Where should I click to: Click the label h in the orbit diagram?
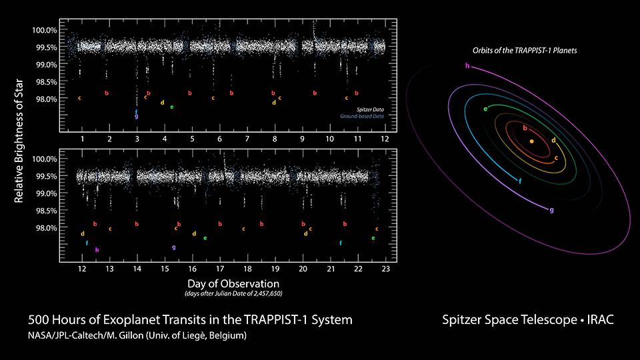pyautogui.click(x=467, y=65)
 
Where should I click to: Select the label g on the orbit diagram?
pyautogui.click(x=551, y=210)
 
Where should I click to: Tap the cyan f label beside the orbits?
pyautogui.click(x=520, y=181)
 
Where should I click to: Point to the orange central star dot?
pyautogui.click(x=531, y=141)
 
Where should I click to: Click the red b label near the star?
pyautogui.click(x=525, y=128)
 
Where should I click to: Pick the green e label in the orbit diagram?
pyautogui.click(x=485, y=108)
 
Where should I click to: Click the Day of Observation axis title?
pyautogui.click(x=229, y=283)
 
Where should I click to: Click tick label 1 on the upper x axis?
pyautogui.click(x=82, y=139)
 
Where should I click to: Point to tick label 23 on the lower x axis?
pyautogui.click(x=385, y=268)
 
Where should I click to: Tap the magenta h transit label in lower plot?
pyautogui.click(x=97, y=250)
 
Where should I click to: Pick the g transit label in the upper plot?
pyautogui.click(x=137, y=117)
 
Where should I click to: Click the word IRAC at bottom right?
pyautogui.click(x=600, y=321)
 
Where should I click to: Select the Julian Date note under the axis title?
pyautogui.click(x=229, y=293)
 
